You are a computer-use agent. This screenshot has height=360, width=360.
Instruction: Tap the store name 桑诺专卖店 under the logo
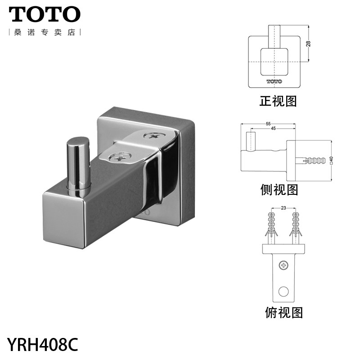tap(45, 33)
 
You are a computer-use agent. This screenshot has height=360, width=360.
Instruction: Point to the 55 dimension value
tap(268, 124)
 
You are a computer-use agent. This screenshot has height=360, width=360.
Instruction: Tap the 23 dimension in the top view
tap(283, 208)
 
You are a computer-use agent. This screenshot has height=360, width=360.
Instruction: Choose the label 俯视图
tap(283, 312)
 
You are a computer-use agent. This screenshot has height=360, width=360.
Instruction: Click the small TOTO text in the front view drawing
tap(274, 81)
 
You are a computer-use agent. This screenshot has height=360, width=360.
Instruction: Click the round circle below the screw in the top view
tap(283, 291)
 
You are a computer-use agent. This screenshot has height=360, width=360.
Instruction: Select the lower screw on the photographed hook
tap(118, 158)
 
